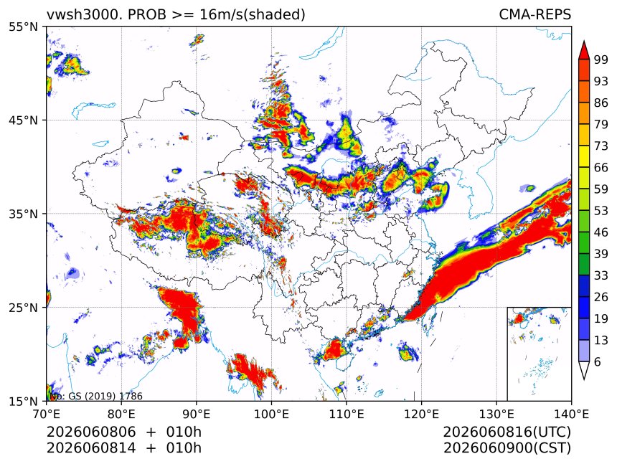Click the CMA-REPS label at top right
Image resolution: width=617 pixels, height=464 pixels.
point(534,14)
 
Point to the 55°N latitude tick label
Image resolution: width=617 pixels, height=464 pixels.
point(23,27)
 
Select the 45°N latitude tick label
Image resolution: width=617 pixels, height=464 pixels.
point(23,120)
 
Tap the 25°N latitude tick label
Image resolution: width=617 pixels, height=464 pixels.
point(23,308)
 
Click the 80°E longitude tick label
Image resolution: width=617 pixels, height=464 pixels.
point(121,414)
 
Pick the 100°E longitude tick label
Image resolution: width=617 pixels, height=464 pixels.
point(271,414)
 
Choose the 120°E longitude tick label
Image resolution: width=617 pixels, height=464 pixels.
point(421,414)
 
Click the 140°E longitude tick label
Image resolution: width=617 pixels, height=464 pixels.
point(571,414)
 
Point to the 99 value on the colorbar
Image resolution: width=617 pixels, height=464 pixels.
point(601,60)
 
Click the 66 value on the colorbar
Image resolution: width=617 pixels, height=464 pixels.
point(601,168)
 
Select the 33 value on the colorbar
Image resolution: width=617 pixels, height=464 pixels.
point(601,275)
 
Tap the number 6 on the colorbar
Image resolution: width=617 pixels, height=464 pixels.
point(598,361)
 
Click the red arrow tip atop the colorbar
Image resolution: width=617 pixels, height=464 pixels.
point(584,41)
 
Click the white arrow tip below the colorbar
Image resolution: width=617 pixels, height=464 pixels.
point(584,379)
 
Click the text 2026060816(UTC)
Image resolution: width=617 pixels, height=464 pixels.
point(507,432)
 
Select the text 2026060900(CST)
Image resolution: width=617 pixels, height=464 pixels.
point(507,448)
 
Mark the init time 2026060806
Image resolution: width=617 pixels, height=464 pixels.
point(91,432)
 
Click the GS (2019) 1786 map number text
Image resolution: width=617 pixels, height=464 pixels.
point(105,396)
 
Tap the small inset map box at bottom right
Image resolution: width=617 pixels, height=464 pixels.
point(539,354)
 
